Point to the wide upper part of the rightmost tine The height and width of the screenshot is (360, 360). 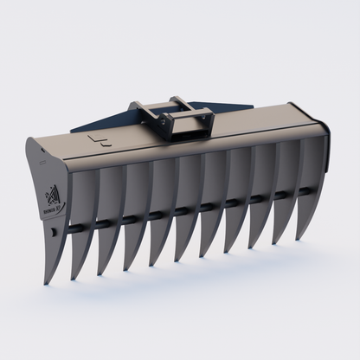click(312, 160)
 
